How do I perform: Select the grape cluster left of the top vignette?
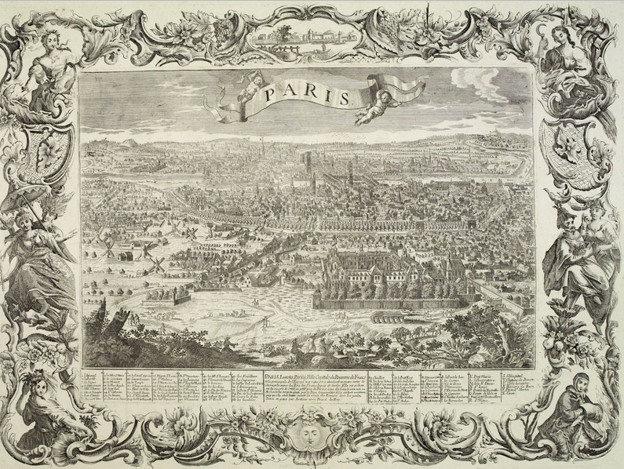point(221,31)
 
